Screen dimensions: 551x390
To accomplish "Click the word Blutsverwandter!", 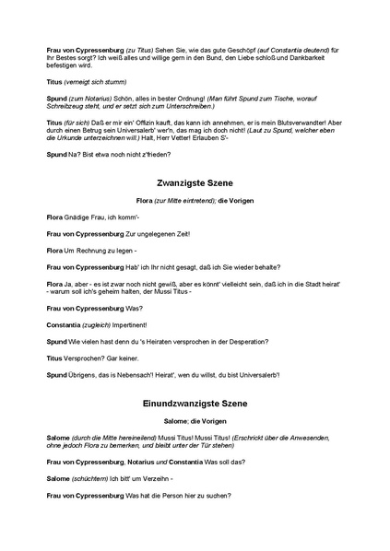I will point(303,123).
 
